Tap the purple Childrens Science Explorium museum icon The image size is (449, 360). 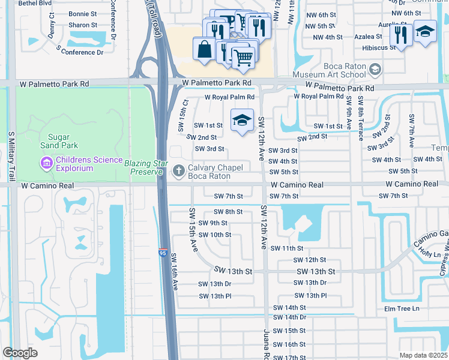click(x=46, y=163)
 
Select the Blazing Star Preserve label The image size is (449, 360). click(x=143, y=167)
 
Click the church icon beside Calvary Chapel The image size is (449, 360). click(x=178, y=172)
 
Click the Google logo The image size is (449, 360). click(x=20, y=353)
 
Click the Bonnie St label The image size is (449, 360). click(x=83, y=13)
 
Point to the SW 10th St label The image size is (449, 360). click(x=215, y=235)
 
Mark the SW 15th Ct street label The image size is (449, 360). click(x=183, y=116)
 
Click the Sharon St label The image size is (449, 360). click(x=83, y=25)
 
